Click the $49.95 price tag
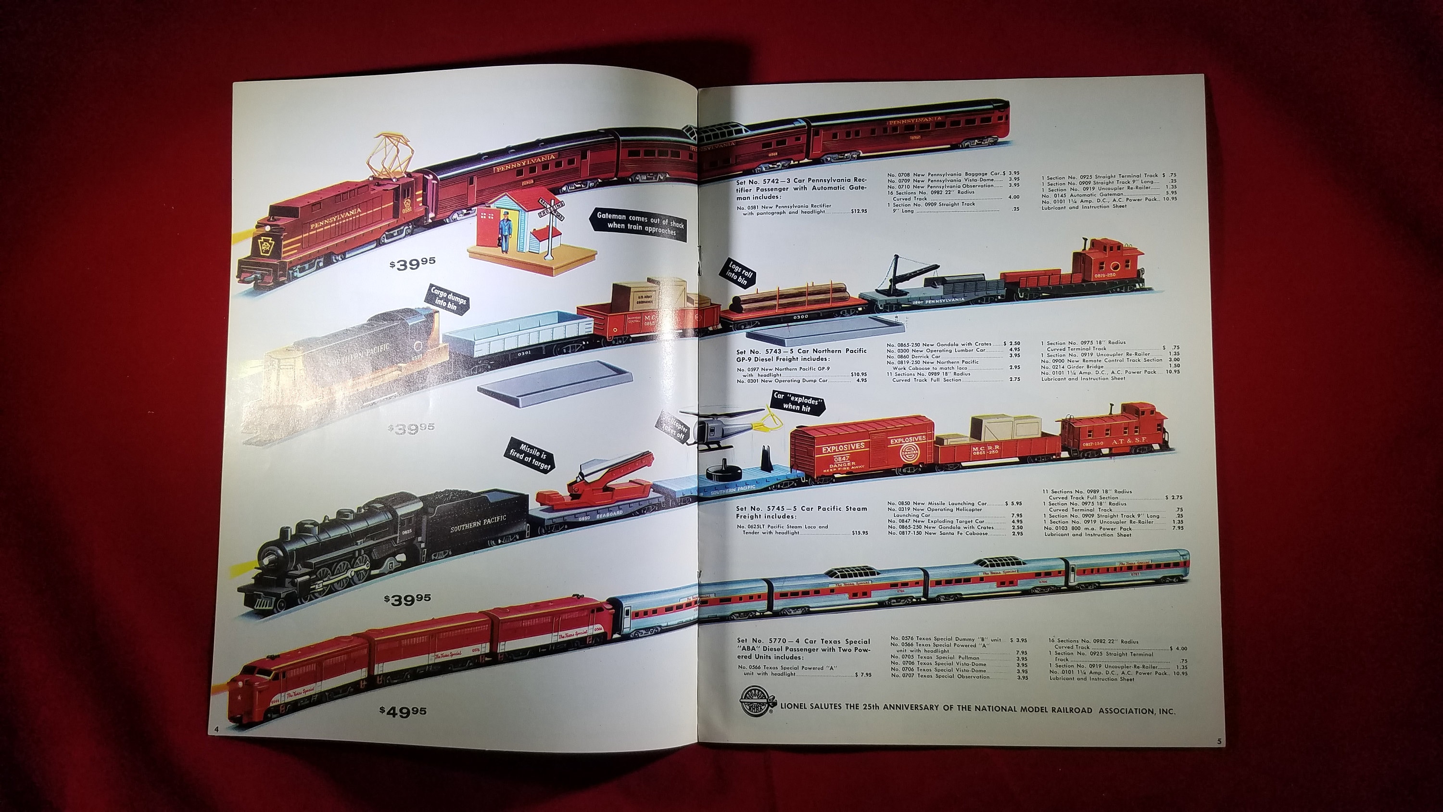pyautogui.click(x=403, y=711)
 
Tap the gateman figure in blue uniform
pyautogui.click(x=504, y=230)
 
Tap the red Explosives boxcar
pyautogui.click(x=861, y=453)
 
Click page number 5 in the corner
pyautogui.click(x=1219, y=741)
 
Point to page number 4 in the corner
pyautogui.click(x=215, y=728)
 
